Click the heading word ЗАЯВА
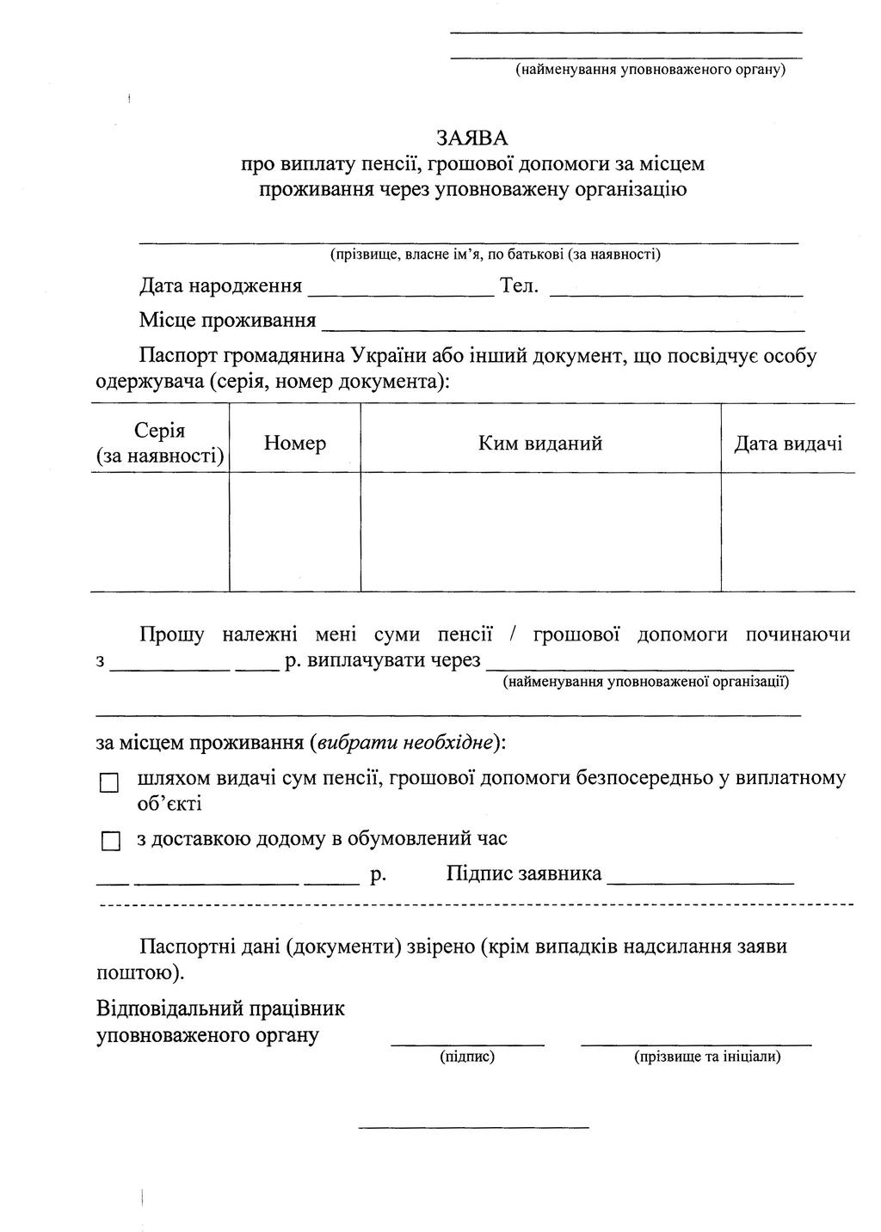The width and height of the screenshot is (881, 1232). [471, 138]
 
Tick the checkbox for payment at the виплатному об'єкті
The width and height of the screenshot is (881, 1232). [109, 783]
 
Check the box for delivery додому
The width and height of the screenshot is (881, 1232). [109, 841]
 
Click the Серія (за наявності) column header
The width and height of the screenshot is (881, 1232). [160, 443]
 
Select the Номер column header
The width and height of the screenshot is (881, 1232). [295, 444]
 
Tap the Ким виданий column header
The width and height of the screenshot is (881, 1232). [540, 444]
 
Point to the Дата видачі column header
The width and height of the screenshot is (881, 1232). [787, 444]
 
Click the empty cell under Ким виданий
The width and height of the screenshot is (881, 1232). [540, 531]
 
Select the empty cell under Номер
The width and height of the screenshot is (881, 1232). [295, 531]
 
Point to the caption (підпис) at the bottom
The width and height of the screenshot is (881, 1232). [467, 1057]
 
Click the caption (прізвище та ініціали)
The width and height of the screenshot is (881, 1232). [707, 1057]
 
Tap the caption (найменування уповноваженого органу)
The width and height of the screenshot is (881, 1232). [650, 69]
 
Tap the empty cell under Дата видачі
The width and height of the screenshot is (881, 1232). [787, 531]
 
